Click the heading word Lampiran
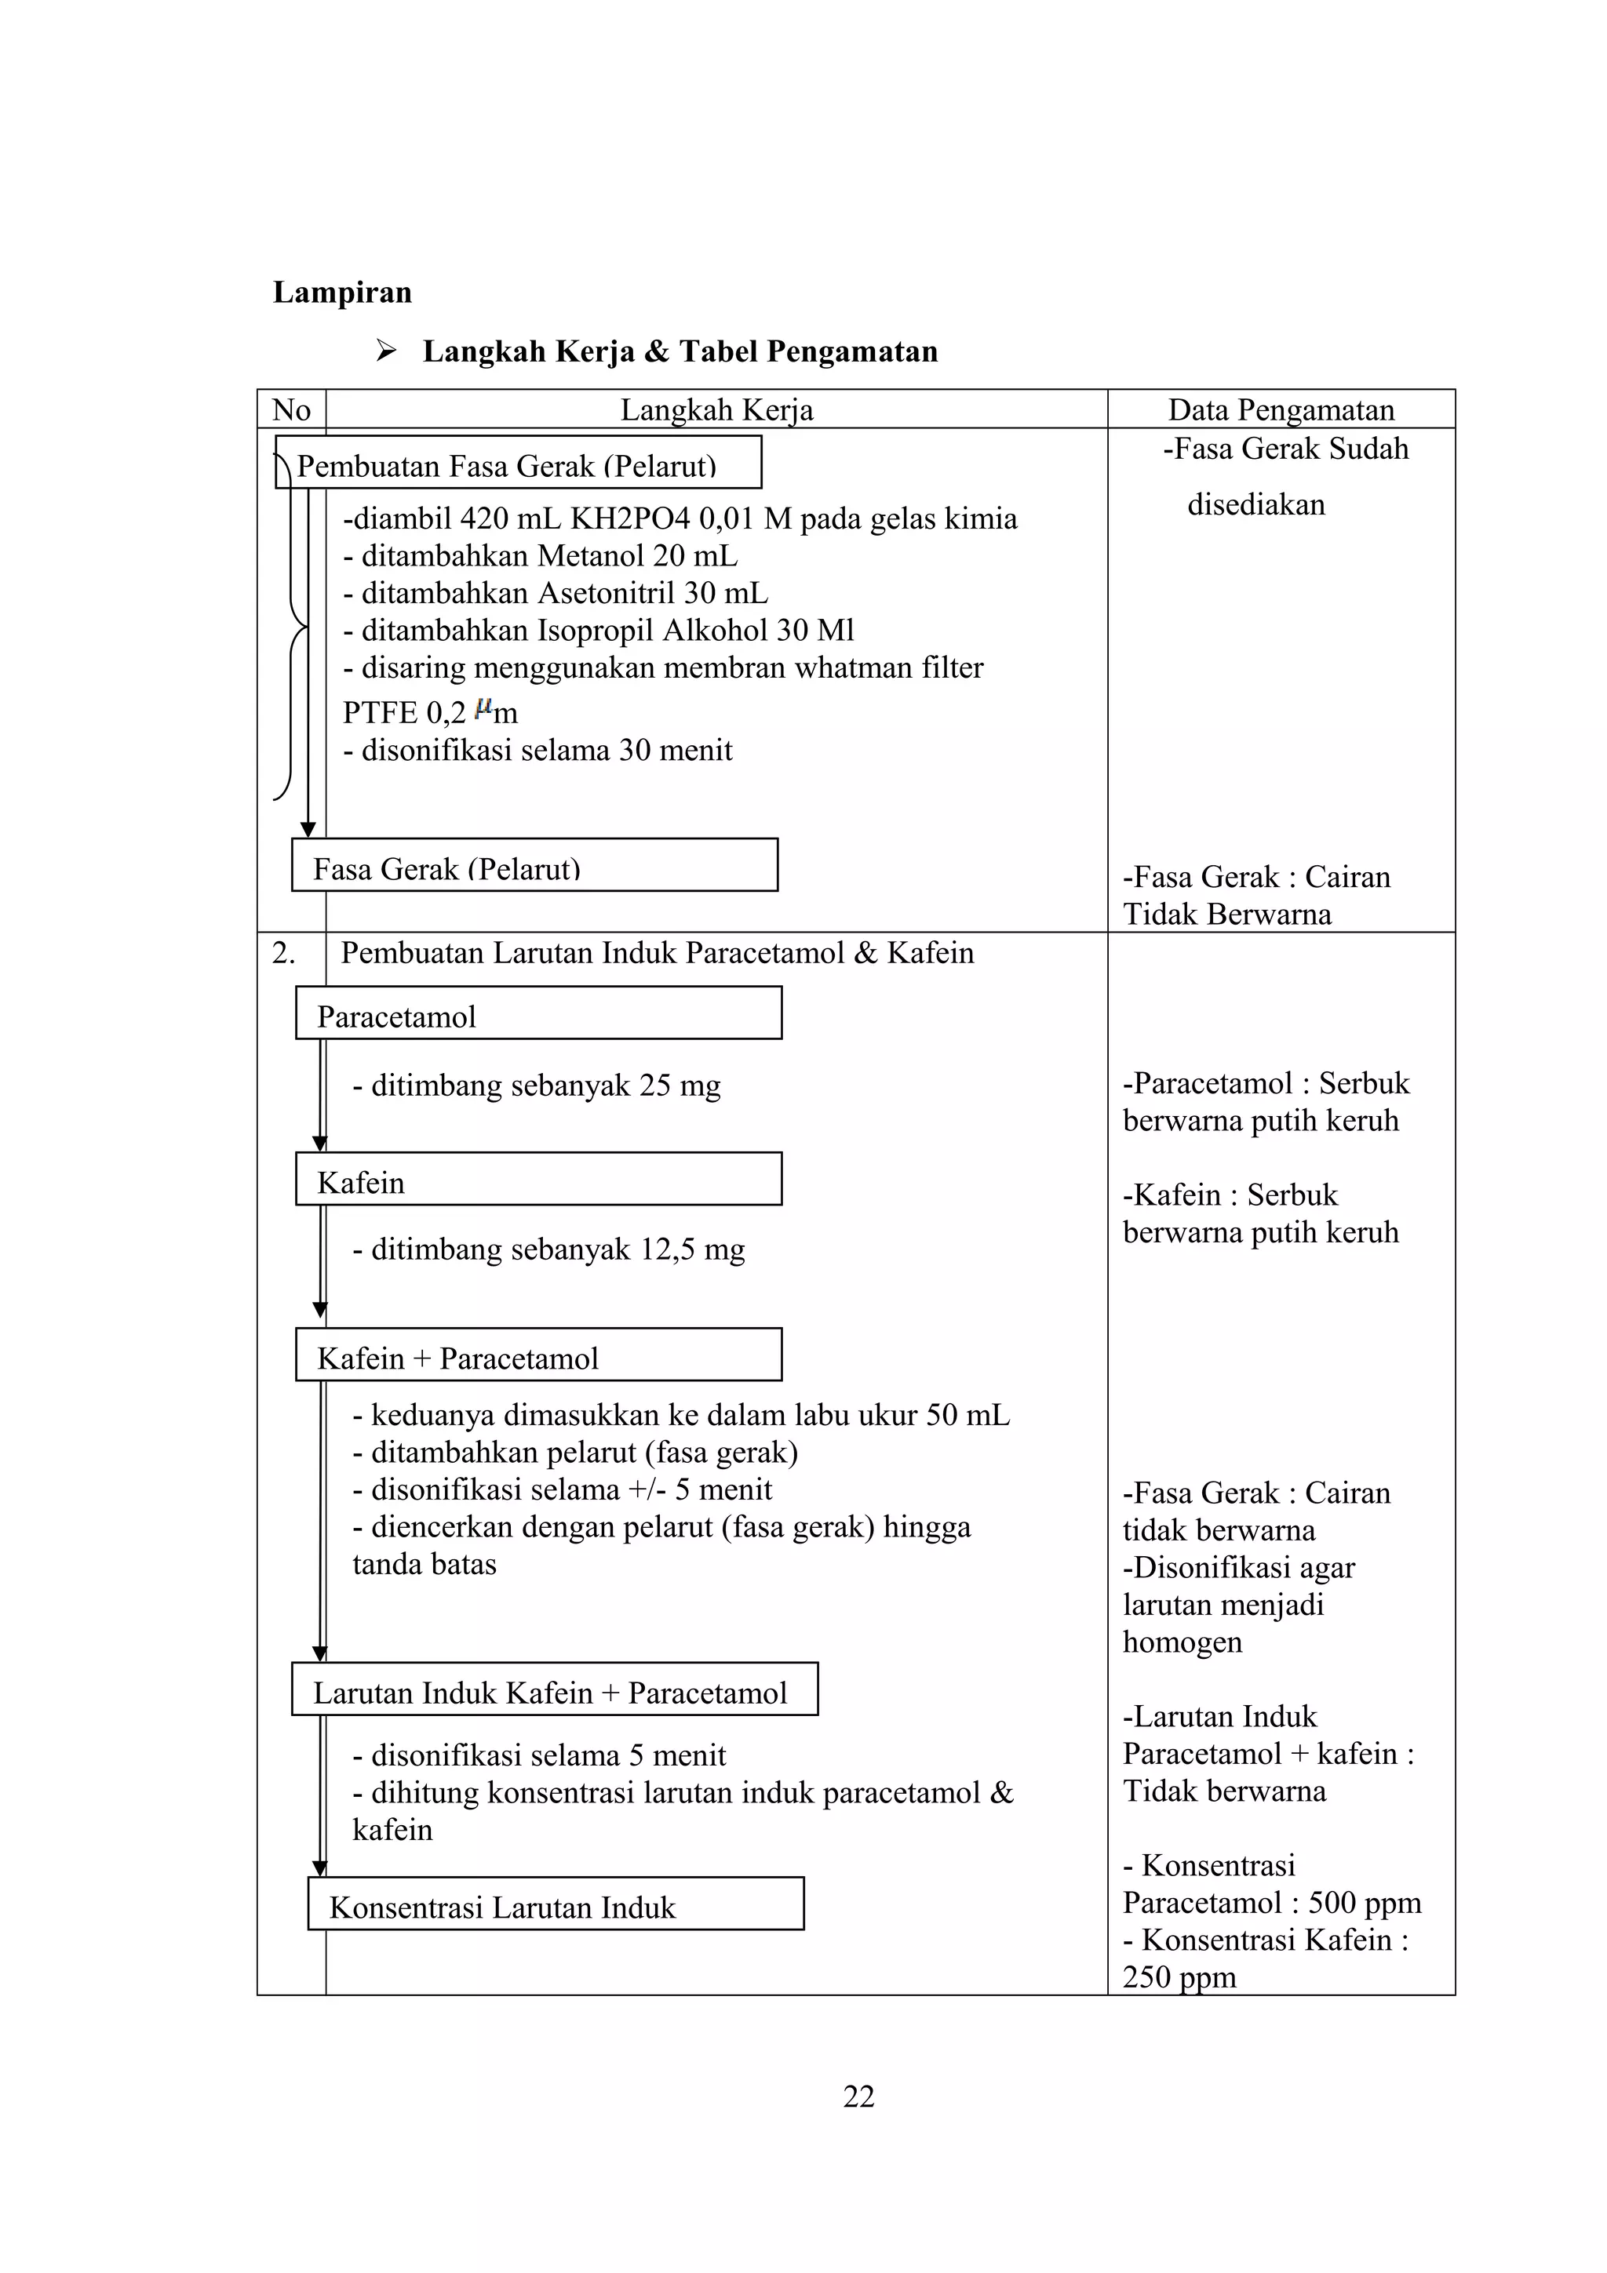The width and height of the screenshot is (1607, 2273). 341,293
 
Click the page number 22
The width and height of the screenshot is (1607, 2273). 858,2096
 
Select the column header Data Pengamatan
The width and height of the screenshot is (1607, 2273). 1281,410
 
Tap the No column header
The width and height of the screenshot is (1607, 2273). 291,410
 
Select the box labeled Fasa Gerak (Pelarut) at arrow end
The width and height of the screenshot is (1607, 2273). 534,866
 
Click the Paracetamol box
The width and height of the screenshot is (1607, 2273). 537,1013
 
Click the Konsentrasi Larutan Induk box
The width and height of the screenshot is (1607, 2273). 555,1906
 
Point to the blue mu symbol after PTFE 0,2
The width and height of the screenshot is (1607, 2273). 483,707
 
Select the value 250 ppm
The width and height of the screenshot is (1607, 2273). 1179,1977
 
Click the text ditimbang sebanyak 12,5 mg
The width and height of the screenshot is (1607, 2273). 548,1250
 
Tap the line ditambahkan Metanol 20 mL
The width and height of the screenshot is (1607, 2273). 540,556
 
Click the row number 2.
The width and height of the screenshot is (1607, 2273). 283,953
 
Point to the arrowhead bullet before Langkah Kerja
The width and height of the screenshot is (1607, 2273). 386,351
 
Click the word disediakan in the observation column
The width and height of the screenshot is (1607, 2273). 1255,505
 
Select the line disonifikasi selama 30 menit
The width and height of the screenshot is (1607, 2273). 537,751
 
